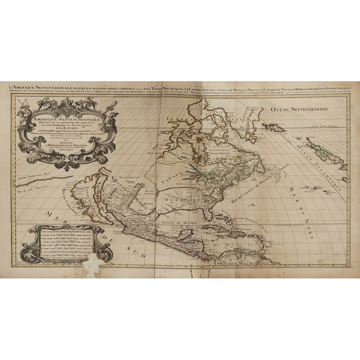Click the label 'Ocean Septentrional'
tap(299, 109)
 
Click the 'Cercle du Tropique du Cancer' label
tap(302, 225)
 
